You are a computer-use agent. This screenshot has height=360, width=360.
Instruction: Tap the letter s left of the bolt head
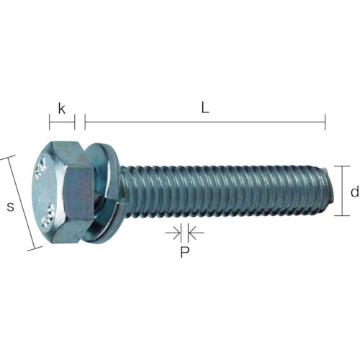tap(9, 207)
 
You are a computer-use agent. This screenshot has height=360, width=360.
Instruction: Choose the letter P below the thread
tap(184, 253)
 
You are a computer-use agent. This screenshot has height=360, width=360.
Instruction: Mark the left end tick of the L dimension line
tap(85, 122)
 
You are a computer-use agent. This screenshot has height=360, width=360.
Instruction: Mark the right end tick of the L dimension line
tap(325, 122)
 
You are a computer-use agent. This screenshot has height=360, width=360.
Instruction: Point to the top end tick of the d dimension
tap(347, 166)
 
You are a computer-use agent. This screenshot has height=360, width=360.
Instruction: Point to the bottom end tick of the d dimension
tap(347, 215)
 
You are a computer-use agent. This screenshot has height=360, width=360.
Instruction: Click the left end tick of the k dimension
tap(50, 122)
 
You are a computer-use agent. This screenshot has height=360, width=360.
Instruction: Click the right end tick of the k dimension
tap(74, 122)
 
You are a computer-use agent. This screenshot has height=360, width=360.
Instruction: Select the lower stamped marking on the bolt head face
tap(50, 213)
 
